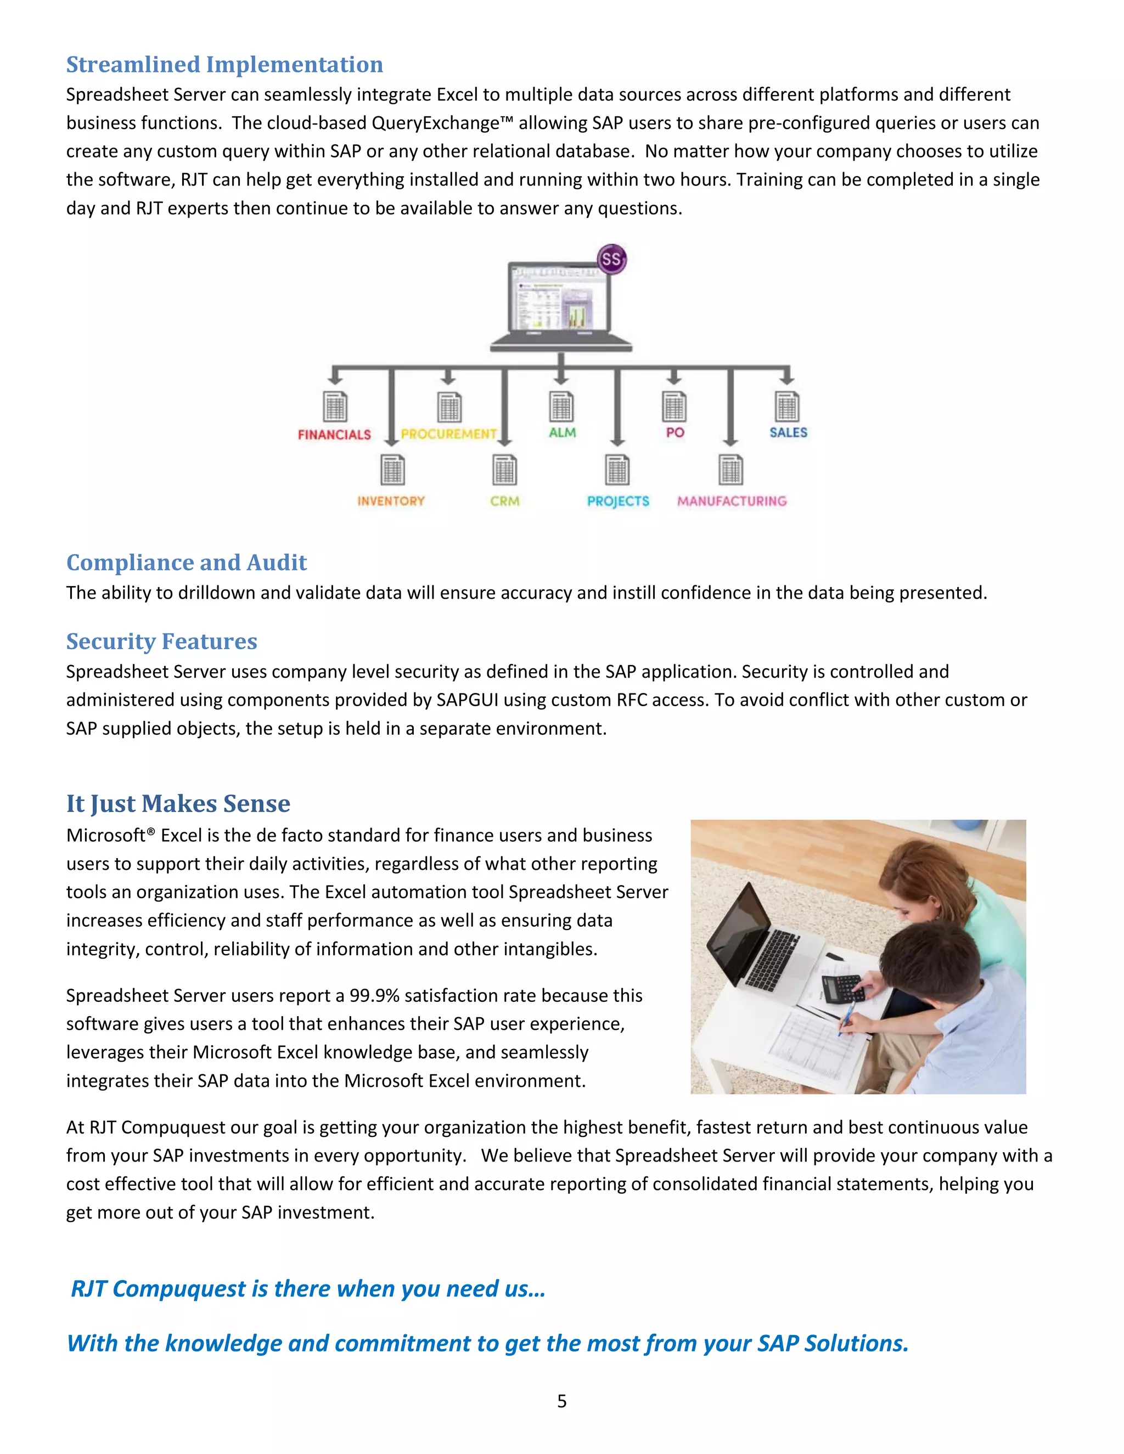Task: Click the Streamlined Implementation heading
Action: click(224, 65)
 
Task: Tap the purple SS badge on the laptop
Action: click(611, 259)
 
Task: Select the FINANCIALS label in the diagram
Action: click(334, 435)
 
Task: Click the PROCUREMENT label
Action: click(449, 434)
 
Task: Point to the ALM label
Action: click(562, 433)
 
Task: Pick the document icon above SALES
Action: click(787, 405)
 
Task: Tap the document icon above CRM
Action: click(504, 470)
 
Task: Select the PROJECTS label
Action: click(618, 501)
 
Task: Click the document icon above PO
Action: click(674, 405)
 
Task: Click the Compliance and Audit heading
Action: click(187, 562)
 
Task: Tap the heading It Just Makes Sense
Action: click(178, 804)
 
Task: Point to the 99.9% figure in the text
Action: click(374, 995)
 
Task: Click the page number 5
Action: click(562, 1401)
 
